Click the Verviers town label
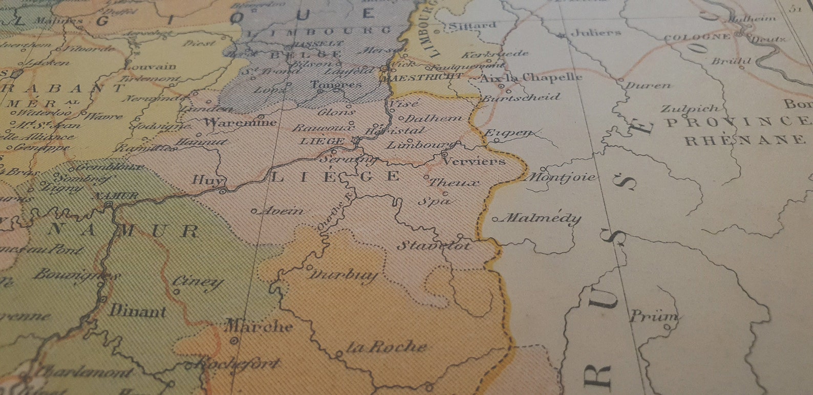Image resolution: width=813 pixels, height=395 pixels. click(x=474, y=161)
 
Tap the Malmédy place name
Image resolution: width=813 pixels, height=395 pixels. click(x=543, y=218)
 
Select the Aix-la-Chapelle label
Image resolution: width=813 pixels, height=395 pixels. click(x=530, y=78)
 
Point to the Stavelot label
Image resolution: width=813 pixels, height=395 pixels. click(x=434, y=245)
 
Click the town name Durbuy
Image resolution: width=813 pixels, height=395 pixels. click(x=343, y=275)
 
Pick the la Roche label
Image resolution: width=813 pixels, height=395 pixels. click(x=387, y=347)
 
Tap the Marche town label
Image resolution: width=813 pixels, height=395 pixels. click(x=260, y=326)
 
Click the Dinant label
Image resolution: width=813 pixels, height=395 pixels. click(x=138, y=311)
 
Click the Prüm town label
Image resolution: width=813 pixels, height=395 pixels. click(x=653, y=316)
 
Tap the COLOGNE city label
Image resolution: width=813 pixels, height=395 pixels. click(x=697, y=37)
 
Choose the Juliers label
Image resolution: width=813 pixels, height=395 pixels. click(x=595, y=32)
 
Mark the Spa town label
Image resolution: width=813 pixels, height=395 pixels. click(x=435, y=201)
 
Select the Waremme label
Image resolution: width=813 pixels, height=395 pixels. click(x=240, y=122)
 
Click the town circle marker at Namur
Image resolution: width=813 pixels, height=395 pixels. click(x=109, y=205)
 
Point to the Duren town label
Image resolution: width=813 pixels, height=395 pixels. click(x=648, y=85)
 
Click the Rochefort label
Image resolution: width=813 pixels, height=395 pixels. click(x=238, y=364)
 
